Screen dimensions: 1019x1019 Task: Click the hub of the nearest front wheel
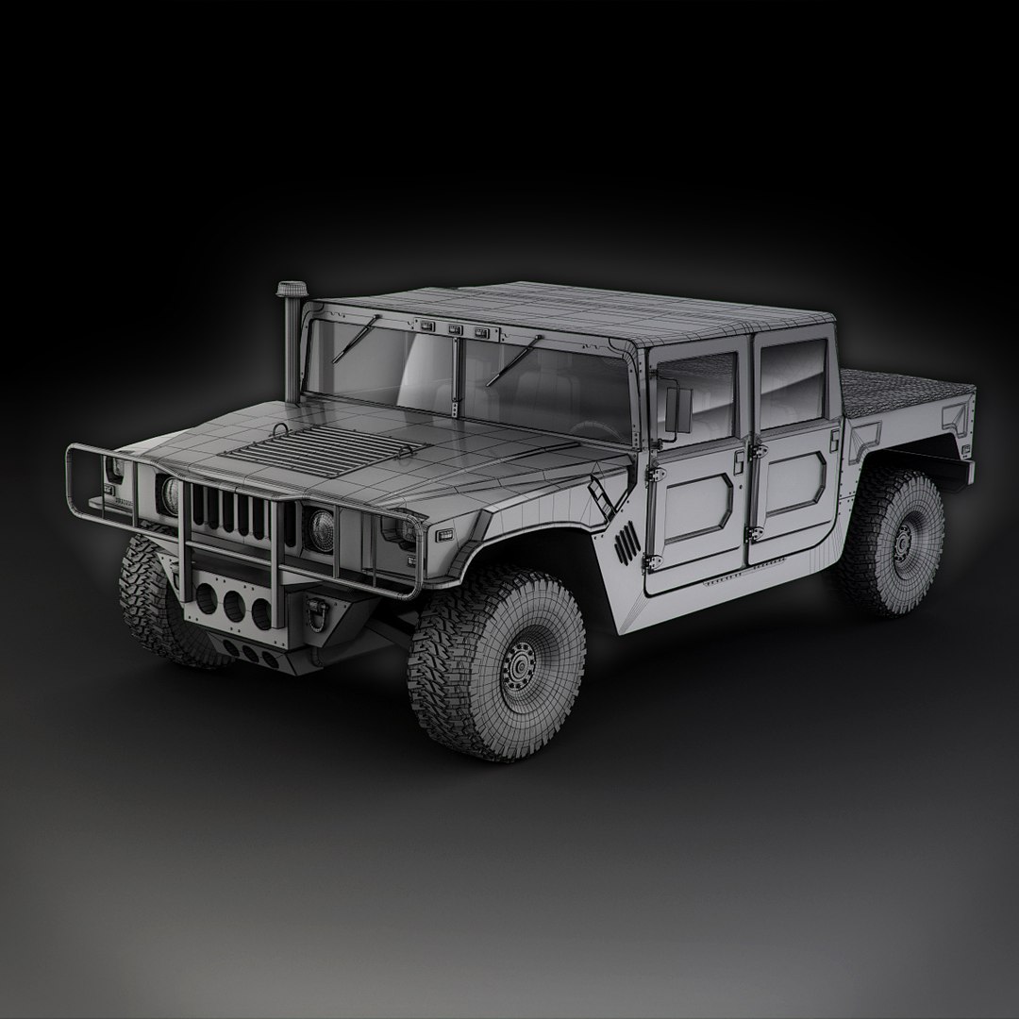[x=517, y=668]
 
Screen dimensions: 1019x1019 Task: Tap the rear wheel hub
[x=904, y=542]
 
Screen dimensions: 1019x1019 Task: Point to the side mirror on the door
[x=676, y=408]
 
